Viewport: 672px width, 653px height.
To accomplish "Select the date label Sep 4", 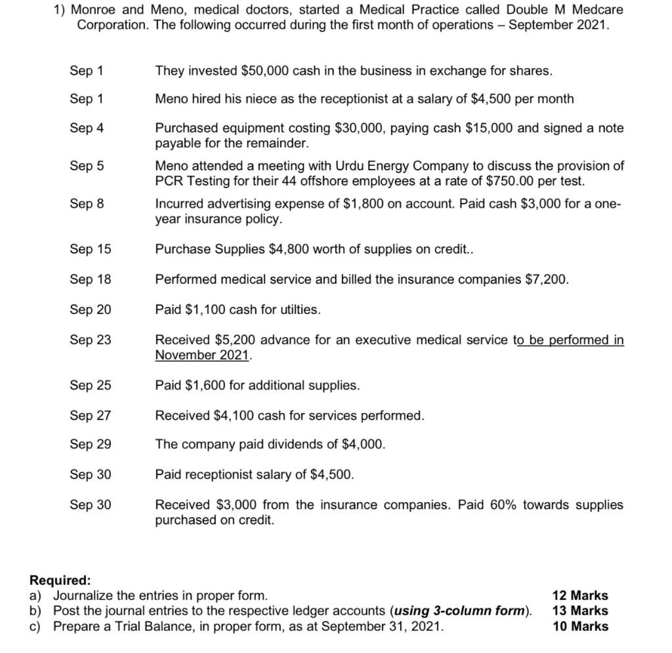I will (x=87, y=128).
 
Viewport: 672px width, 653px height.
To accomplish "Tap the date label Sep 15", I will (x=91, y=249).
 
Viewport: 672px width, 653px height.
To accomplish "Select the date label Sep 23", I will (x=91, y=340).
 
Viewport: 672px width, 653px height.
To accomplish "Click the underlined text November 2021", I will (x=202, y=355).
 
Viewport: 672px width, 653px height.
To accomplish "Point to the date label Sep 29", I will (x=91, y=445).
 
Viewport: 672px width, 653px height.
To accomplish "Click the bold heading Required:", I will (x=60, y=580).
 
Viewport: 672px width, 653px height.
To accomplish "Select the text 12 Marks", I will (x=580, y=595).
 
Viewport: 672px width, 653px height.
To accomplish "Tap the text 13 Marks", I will (x=580, y=610).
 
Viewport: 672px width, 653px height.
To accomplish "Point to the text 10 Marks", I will (x=580, y=626).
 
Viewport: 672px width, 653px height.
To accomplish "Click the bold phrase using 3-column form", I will (x=460, y=610).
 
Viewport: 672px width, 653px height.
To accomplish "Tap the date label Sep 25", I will (x=91, y=386).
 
